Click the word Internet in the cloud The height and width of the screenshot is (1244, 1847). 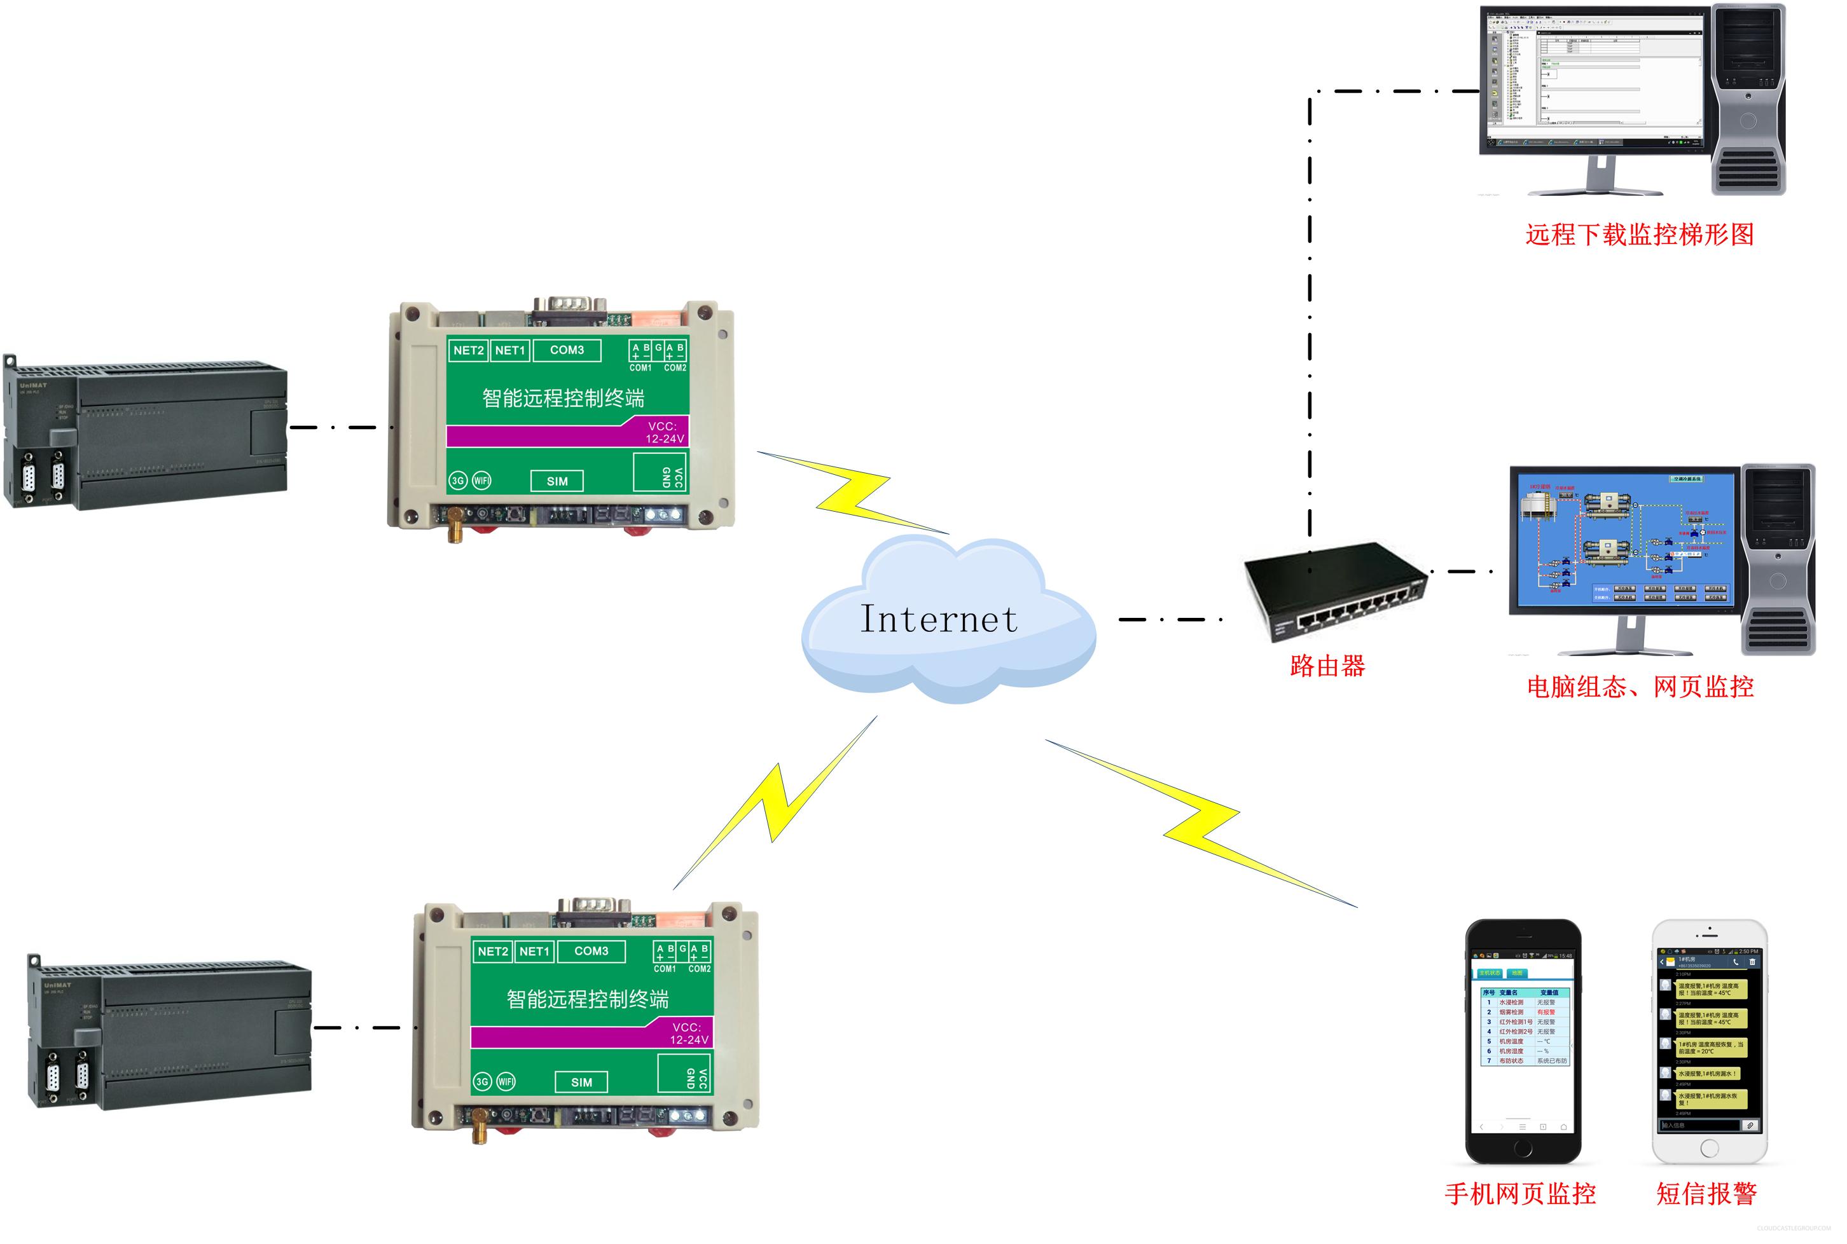(x=938, y=620)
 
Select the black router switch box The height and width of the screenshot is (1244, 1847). (x=1334, y=587)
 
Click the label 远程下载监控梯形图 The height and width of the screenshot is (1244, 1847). (x=1639, y=235)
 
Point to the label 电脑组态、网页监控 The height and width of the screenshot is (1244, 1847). (x=1640, y=687)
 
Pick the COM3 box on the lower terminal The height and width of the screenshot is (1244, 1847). (x=591, y=951)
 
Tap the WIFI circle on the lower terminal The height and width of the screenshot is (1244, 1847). (x=506, y=1081)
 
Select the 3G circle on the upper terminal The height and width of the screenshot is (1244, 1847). (x=458, y=481)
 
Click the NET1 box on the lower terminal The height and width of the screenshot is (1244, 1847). (x=534, y=951)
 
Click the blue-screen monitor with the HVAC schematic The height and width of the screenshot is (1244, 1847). (x=1626, y=540)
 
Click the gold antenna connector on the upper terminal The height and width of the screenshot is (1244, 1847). (x=455, y=524)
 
